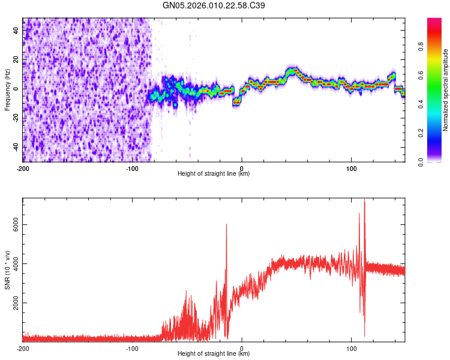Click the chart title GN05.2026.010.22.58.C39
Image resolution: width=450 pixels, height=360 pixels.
coord(214,5)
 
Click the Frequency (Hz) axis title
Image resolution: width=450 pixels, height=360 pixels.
coord(7,89)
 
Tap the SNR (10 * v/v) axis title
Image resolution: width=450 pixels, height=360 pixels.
coord(7,271)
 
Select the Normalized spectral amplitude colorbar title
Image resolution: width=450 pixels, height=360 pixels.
coord(446,90)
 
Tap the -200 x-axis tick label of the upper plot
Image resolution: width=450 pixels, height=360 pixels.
coord(23,168)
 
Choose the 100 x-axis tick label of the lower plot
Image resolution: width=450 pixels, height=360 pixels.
coord(352,348)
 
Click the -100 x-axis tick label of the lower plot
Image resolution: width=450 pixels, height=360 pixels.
coord(132,348)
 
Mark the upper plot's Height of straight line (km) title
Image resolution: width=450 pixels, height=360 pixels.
coord(214,174)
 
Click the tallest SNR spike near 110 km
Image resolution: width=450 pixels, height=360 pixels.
coord(364,200)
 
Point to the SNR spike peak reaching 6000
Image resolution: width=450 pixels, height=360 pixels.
coord(226,225)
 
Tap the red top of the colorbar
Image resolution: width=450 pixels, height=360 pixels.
coord(434,21)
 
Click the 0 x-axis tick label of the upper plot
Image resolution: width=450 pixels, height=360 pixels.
coord(242,168)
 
